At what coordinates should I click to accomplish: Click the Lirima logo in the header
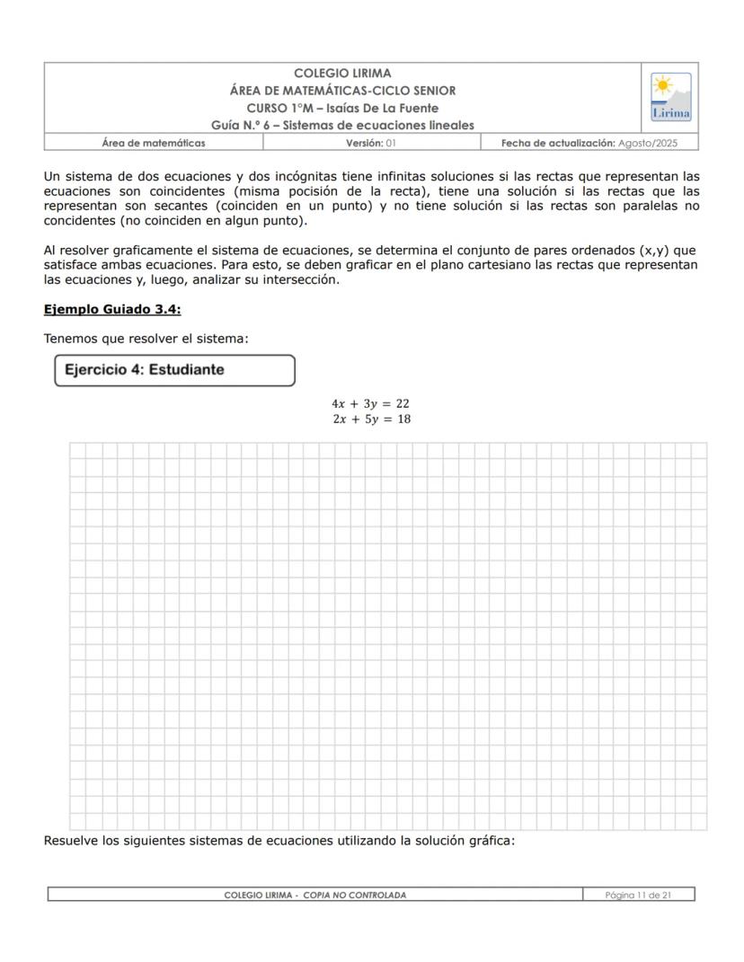click(670, 97)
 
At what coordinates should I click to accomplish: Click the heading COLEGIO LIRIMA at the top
click(342, 74)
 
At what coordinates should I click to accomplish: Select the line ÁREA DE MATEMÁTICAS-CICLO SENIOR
click(342, 91)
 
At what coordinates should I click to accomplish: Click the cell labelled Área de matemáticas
click(154, 143)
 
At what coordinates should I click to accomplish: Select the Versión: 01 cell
click(371, 143)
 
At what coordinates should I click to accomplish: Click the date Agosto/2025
click(648, 143)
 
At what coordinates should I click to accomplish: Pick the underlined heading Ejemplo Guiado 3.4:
click(112, 310)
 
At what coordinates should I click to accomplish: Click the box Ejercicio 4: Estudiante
click(175, 370)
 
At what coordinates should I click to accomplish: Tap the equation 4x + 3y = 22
click(370, 404)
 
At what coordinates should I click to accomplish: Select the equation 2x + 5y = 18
click(371, 419)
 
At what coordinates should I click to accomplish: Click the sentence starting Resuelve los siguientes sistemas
click(279, 841)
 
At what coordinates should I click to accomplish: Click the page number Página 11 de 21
click(638, 895)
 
